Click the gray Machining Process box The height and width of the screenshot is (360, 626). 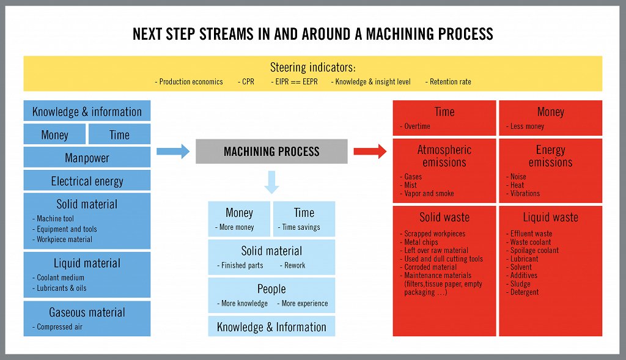271,152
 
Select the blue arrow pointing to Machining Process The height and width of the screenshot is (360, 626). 173,152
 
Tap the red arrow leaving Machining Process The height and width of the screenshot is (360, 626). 370,152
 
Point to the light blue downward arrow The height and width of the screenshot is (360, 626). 271,182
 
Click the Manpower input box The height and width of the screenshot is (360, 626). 87,158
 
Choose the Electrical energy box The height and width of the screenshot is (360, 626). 87,181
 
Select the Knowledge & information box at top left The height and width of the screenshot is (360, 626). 87,112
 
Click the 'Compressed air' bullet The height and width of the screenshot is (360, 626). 59,327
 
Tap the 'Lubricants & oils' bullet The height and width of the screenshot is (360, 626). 61,288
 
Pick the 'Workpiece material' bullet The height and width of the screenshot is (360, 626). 64,239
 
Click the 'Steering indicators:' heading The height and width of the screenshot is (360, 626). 312,67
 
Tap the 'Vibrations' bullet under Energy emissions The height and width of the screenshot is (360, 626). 525,194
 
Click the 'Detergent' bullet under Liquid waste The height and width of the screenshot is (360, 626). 524,292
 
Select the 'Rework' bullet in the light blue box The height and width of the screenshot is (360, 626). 293,265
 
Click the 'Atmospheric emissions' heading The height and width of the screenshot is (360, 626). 444,156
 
